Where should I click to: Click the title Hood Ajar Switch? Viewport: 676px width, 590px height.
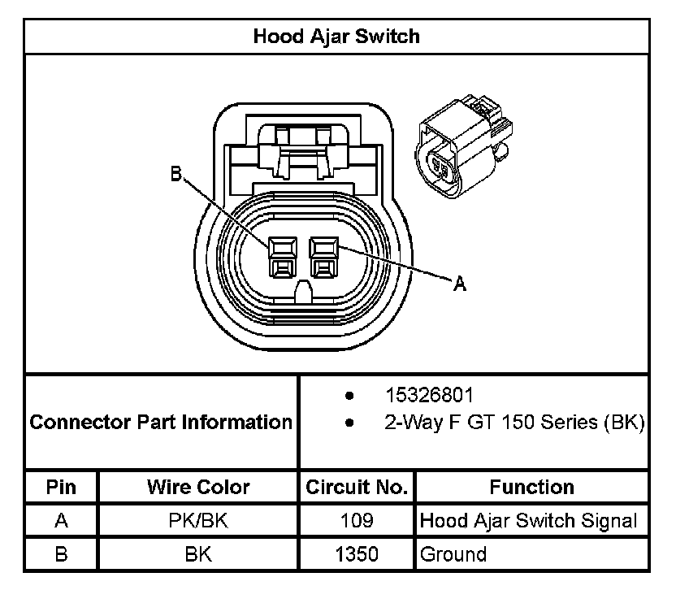(336, 37)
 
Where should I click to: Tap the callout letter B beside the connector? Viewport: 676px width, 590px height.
(175, 173)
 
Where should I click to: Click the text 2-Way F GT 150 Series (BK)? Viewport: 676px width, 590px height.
(514, 423)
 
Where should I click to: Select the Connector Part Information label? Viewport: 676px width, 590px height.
(161, 423)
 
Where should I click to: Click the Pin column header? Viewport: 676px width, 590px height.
(61, 488)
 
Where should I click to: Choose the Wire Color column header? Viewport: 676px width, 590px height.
(198, 488)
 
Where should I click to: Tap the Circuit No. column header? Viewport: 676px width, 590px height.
(356, 488)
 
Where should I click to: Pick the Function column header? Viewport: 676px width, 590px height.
(531, 488)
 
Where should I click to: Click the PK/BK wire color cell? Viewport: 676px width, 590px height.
(198, 521)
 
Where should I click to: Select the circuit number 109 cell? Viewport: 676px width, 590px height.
(357, 521)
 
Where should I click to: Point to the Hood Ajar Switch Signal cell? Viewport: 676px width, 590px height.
(529, 521)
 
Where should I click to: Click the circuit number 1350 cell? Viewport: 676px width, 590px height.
(357, 554)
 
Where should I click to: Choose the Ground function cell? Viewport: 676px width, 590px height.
(453, 554)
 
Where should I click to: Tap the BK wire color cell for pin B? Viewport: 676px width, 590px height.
(198, 554)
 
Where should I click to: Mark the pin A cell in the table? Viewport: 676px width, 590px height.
(61, 521)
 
